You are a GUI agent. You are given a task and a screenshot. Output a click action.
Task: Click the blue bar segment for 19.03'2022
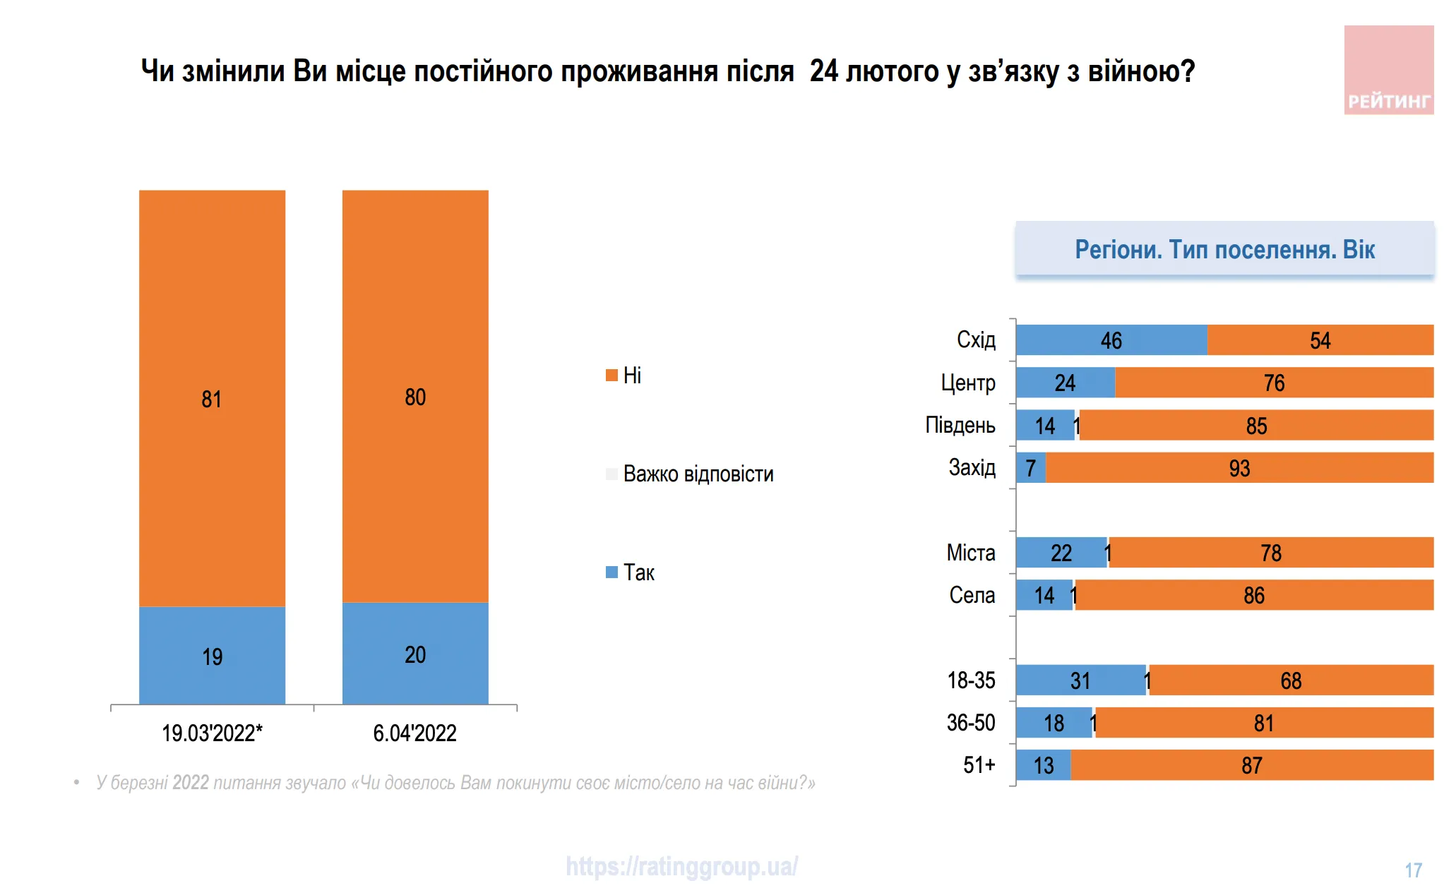pyautogui.click(x=212, y=655)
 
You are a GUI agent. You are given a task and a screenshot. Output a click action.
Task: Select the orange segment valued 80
pyautogui.click(x=415, y=396)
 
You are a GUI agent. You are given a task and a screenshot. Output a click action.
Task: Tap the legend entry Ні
pyautogui.click(x=623, y=376)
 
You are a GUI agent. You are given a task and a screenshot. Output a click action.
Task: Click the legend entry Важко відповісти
pyautogui.click(x=690, y=474)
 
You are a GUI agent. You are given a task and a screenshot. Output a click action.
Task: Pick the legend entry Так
pyautogui.click(x=631, y=572)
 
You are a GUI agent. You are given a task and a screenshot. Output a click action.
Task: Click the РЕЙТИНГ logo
pyautogui.click(x=1388, y=71)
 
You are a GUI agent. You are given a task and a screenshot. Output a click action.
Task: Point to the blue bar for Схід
pyautogui.click(x=1111, y=340)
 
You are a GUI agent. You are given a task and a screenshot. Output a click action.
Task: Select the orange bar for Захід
pyautogui.click(x=1239, y=468)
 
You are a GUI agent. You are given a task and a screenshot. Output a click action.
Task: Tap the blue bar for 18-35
pyautogui.click(x=1080, y=680)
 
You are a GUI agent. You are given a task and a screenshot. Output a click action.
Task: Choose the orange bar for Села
pyautogui.click(x=1254, y=595)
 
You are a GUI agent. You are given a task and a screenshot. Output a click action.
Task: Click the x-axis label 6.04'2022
pyautogui.click(x=414, y=733)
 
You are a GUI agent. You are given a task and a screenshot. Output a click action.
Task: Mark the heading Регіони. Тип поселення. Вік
pyautogui.click(x=1224, y=249)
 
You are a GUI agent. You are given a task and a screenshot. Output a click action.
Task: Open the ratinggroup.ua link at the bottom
pyautogui.click(x=681, y=866)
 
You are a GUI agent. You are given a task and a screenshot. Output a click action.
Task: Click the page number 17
pyautogui.click(x=1413, y=870)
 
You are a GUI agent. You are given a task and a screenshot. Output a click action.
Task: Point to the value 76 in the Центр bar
pyautogui.click(x=1274, y=383)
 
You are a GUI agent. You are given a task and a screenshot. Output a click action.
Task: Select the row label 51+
pyautogui.click(x=979, y=764)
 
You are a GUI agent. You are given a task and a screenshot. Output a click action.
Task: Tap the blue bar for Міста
pyautogui.click(x=1061, y=553)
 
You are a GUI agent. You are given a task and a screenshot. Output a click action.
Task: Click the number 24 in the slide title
pyautogui.click(x=823, y=71)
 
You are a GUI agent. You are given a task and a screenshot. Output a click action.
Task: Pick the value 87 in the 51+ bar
pyautogui.click(x=1251, y=765)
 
